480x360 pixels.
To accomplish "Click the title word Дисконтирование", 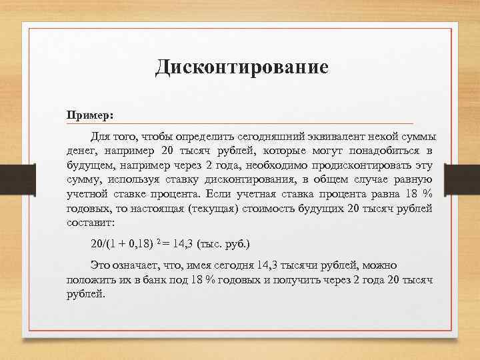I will click(x=241, y=67).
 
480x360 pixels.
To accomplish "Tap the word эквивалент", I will click(x=336, y=137).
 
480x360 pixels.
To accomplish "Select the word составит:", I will click(x=91, y=223).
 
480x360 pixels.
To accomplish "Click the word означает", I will click(x=137, y=265).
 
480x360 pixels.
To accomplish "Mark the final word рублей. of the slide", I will click(x=87, y=293).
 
